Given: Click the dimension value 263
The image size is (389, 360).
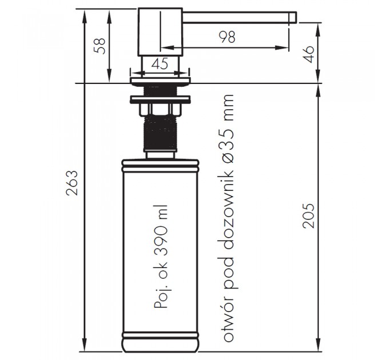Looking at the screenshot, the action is click(x=72, y=183).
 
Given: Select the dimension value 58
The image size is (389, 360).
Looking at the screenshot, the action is click(x=100, y=46).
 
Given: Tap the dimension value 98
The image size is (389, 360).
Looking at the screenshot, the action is click(x=227, y=37).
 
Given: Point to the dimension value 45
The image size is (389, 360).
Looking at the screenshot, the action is click(x=160, y=63).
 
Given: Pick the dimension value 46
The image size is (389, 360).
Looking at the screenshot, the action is click(x=308, y=54).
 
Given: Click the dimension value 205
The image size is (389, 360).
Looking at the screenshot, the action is click(x=308, y=215).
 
